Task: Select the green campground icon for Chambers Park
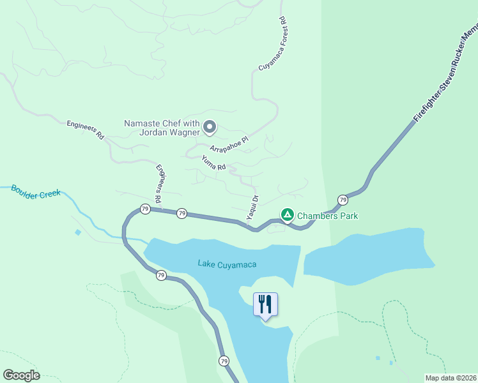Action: click(x=288, y=215)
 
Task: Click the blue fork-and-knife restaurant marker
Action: click(x=266, y=304)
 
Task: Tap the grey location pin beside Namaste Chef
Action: click(x=210, y=128)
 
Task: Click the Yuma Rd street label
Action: click(x=214, y=163)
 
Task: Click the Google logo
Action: click(x=21, y=375)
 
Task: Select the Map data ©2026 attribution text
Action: click(x=451, y=378)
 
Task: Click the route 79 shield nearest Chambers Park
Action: click(x=343, y=200)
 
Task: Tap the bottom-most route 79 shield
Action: click(x=224, y=361)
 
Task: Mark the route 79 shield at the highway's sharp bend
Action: click(x=145, y=209)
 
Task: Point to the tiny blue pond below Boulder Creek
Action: click(x=78, y=232)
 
